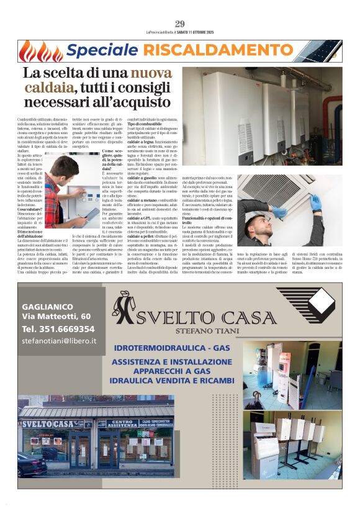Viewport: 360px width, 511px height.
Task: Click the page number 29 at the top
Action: pyautogui.click(x=180, y=24)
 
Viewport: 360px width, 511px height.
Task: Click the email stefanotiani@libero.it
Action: pyautogui.click(x=59, y=341)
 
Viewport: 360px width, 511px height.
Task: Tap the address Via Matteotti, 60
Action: pyautogui.click(x=56, y=317)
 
